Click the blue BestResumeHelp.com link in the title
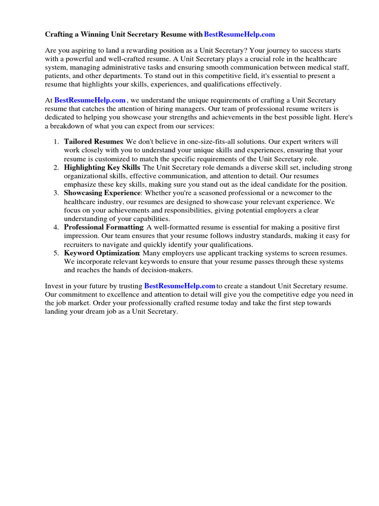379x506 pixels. point(239,35)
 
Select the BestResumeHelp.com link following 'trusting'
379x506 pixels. point(180,286)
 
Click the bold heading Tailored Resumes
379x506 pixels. point(93,141)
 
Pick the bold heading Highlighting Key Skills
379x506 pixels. point(102,168)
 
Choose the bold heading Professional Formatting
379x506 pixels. point(104,227)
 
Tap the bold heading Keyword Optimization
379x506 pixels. point(102,253)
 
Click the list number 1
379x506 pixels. point(57,142)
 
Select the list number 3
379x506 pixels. point(57,193)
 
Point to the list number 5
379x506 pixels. point(57,253)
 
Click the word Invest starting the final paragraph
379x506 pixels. point(54,286)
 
